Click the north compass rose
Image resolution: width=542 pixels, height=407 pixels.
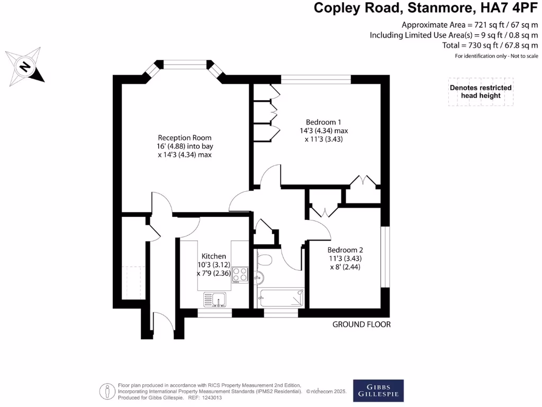(25, 66)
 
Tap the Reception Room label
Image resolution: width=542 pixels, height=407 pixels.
(185, 146)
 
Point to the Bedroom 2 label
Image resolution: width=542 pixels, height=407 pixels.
(345, 258)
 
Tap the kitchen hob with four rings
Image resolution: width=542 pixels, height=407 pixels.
(240, 275)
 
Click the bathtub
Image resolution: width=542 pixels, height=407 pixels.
(281, 298)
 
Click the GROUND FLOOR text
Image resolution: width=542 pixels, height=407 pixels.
(362, 324)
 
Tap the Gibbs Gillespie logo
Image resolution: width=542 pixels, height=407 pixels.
(378, 391)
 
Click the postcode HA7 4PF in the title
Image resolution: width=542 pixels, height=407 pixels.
(509, 8)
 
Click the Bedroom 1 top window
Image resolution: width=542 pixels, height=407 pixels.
(316, 79)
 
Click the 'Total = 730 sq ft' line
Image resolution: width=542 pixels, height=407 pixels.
(490, 46)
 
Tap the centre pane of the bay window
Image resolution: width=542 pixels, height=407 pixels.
(184, 65)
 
